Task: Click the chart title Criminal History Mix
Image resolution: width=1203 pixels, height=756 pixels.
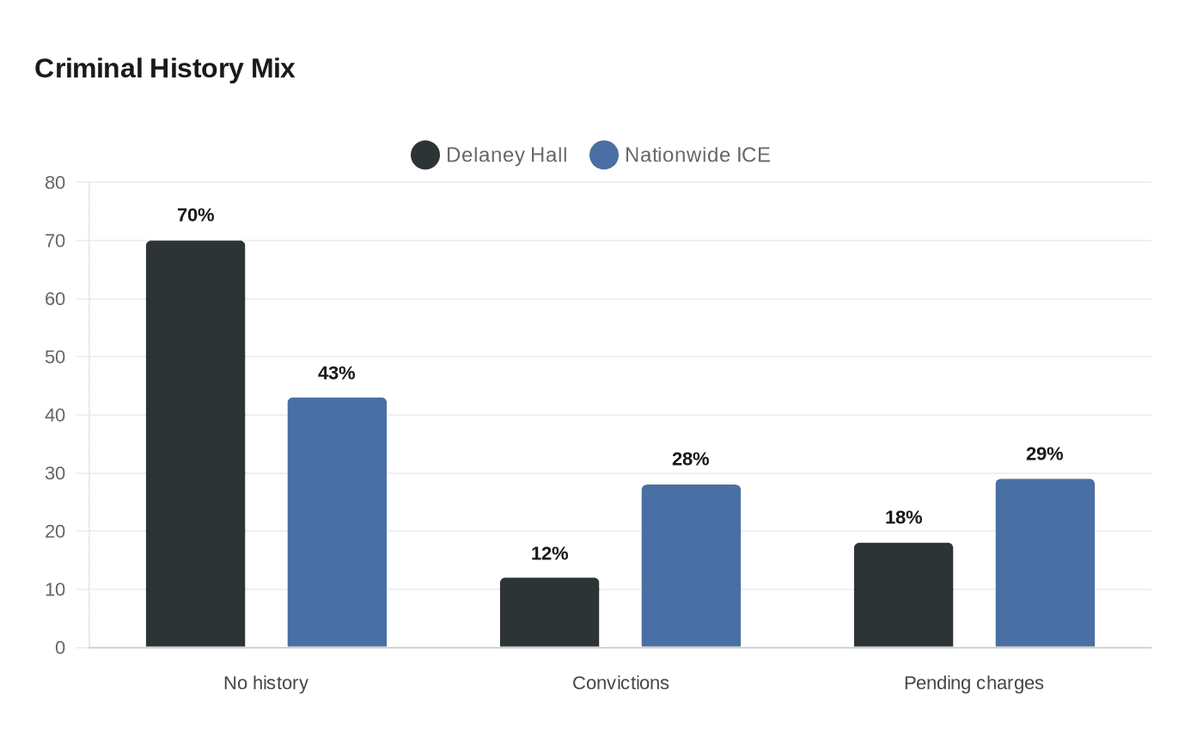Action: pos(164,69)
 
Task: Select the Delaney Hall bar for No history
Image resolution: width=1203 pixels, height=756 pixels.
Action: pos(196,444)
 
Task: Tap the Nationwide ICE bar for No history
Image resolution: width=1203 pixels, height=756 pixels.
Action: pos(337,522)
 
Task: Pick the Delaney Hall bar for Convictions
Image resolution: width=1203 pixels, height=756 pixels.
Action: pos(549,613)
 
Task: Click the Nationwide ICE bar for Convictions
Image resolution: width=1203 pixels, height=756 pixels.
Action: pos(691,566)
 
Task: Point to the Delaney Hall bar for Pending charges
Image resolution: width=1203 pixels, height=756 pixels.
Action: pos(903,594)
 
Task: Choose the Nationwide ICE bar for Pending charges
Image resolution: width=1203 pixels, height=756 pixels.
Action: pos(1045,564)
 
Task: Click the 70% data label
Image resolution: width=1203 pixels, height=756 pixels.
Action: pos(196,216)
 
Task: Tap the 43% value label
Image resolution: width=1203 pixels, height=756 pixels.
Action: pos(337,373)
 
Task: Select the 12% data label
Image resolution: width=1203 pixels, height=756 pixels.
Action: pos(549,553)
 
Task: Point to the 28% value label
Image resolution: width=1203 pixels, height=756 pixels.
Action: pos(691,459)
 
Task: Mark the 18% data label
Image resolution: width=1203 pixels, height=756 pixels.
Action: pos(903,517)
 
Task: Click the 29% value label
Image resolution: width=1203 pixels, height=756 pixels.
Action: pos(1045,454)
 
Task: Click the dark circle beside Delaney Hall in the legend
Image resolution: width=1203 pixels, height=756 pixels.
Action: pos(425,155)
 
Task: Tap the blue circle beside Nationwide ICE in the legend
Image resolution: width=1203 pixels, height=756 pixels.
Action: pos(603,155)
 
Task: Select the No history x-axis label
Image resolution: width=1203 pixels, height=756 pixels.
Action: pos(266,683)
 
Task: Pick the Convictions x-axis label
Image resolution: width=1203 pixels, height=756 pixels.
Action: pos(620,683)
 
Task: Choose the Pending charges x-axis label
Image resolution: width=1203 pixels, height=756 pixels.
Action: pos(974,684)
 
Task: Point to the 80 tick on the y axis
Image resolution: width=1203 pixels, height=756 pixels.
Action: pos(55,182)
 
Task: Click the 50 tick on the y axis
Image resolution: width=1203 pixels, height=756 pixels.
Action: pos(55,357)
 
